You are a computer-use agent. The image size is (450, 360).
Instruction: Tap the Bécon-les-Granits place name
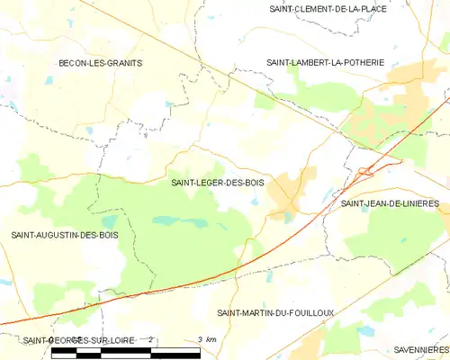click(x=100, y=63)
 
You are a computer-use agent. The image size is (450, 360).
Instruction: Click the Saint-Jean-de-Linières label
click(x=389, y=203)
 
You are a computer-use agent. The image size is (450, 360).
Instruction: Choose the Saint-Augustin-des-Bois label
click(x=64, y=235)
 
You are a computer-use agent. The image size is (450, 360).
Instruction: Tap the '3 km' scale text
click(x=206, y=339)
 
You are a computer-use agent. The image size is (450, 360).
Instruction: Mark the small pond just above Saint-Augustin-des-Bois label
click(x=110, y=220)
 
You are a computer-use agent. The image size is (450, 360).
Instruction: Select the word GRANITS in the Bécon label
click(x=123, y=63)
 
